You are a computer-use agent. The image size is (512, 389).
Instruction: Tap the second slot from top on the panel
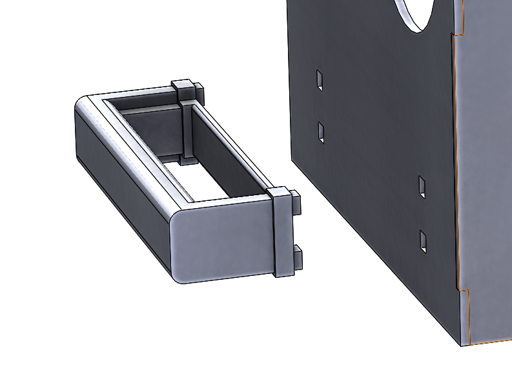click(321, 132)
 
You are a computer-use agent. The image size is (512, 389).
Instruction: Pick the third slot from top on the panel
click(422, 186)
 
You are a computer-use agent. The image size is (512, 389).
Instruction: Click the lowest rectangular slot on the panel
click(424, 241)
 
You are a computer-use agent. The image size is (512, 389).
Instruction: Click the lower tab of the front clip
click(297, 257)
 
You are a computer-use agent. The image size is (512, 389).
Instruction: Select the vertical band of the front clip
click(282, 233)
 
